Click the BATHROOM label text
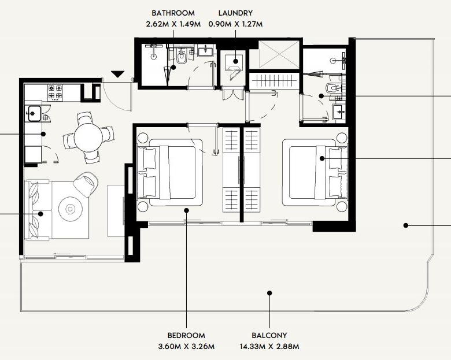(173, 13)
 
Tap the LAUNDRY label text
(235, 13)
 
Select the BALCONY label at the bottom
(269, 335)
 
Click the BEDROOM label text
(186, 335)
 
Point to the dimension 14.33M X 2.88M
(269, 346)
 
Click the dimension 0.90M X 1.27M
(235, 24)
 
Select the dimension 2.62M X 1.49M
(173, 24)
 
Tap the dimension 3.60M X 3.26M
(186, 346)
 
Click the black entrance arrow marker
(117, 74)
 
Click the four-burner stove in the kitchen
(56, 92)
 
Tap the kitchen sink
(34, 113)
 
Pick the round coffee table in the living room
(70, 209)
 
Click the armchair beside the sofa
(86, 184)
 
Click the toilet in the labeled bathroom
(182, 57)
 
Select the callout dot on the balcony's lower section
(269, 293)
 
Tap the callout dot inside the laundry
(236, 61)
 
